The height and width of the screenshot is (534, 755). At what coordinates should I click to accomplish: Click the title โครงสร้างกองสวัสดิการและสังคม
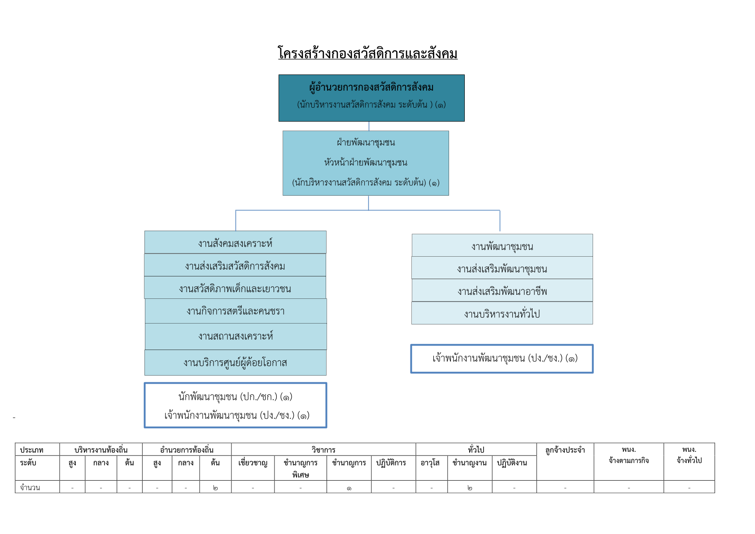(x=368, y=53)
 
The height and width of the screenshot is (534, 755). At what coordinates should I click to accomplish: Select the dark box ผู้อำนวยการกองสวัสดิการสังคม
(x=371, y=98)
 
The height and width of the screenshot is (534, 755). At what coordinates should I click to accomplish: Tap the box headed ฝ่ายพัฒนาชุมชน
(x=366, y=163)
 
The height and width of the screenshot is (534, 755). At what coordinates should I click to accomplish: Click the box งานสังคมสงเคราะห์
(x=235, y=242)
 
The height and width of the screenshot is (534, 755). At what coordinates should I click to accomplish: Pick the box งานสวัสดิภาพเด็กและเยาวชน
(x=235, y=288)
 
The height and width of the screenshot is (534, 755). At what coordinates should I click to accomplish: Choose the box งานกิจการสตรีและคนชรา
(x=236, y=311)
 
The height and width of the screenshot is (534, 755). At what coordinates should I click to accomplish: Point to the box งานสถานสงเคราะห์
(x=236, y=337)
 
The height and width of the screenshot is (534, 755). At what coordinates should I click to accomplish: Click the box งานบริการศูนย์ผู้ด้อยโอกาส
(x=235, y=363)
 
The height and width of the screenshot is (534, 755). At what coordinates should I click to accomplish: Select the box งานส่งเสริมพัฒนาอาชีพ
(x=502, y=290)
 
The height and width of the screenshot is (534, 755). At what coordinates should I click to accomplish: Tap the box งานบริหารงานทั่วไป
(x=502, y=313)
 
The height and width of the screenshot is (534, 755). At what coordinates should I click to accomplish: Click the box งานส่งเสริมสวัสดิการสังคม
(x=235, y=265)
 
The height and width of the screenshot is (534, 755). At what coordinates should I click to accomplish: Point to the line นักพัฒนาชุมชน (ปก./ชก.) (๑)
(x=235, y=397)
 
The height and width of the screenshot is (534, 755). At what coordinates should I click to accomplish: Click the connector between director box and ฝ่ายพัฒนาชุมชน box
(x=369, y=126)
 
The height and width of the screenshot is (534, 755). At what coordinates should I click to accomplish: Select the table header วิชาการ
(x=323, y=450)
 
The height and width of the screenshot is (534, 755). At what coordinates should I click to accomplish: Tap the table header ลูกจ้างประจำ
(x=565, y=450)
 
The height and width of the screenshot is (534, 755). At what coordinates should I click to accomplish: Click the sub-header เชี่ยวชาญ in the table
(x=253, y=463)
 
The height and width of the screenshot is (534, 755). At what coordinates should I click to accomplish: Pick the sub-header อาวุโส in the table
(x=430, y=463)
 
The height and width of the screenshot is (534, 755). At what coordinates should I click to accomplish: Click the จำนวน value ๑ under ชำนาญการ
(x=349, y=488)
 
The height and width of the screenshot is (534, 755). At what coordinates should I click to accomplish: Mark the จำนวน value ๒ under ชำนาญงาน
(x=470, y=487)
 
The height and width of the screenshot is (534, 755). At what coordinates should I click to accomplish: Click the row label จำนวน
(x=30, y=487)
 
